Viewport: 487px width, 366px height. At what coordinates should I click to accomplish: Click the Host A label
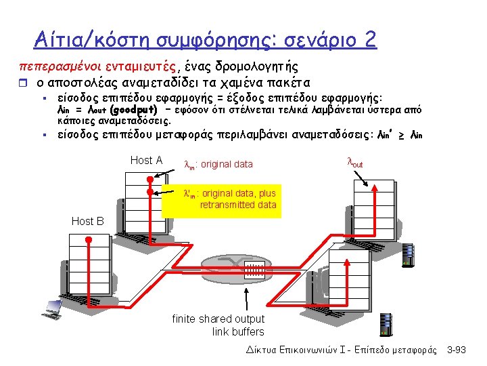(x=146, y=161)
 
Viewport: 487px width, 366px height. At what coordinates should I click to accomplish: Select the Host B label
(x=87, y=221)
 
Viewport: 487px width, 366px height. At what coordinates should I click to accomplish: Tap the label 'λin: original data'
(x=218, y=164)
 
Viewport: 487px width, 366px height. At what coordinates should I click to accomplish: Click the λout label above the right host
(x=354, y=163)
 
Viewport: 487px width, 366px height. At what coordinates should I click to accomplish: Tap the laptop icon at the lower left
(x=52, y=308)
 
